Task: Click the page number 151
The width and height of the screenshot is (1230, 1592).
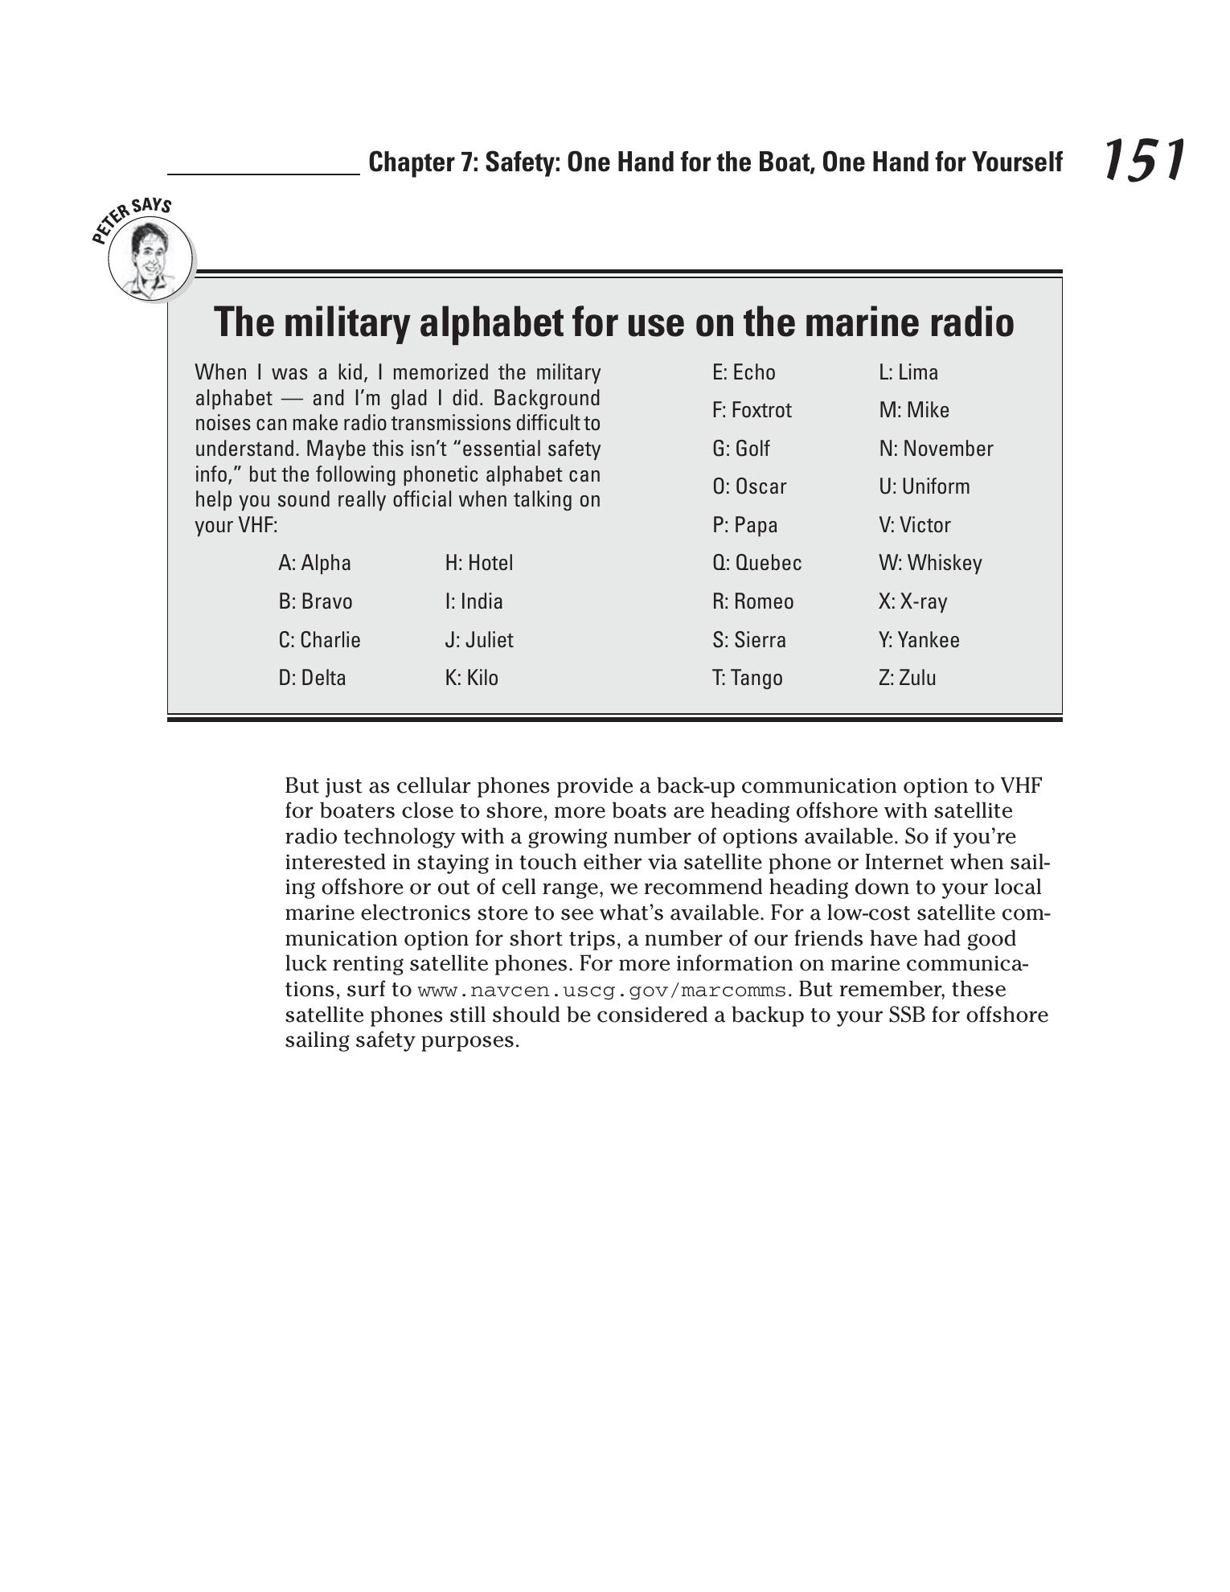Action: (x=1142, y=159)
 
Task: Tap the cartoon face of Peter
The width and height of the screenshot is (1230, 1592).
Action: (x=150, y=259)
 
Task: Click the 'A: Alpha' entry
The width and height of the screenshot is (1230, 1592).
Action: (x=314, y=563)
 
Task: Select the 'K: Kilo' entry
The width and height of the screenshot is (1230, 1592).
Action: (x=471, y=678)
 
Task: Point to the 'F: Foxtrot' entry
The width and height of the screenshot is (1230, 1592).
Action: (x=752, y=410)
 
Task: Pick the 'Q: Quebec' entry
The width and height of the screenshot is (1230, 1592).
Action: (x=756, y=563)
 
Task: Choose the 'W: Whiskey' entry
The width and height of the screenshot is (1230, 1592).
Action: (x=930, y=563)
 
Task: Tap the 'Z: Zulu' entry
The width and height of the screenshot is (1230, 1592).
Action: (x=907, y=678)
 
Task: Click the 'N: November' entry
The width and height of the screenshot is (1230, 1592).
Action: (x=936, y=449)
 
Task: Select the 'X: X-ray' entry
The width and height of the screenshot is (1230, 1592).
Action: (x=912, y=601)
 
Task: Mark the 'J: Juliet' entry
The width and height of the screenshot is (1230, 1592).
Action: (x=478, y=640)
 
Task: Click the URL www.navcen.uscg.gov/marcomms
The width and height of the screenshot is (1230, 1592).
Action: (x=601, y=990)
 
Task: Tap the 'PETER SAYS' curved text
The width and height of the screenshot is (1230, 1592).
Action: (x=130, y=215)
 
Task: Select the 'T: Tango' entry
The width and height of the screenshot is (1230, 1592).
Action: (x=747, y=678)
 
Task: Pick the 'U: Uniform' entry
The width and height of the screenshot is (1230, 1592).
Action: (x=924, y=486)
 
